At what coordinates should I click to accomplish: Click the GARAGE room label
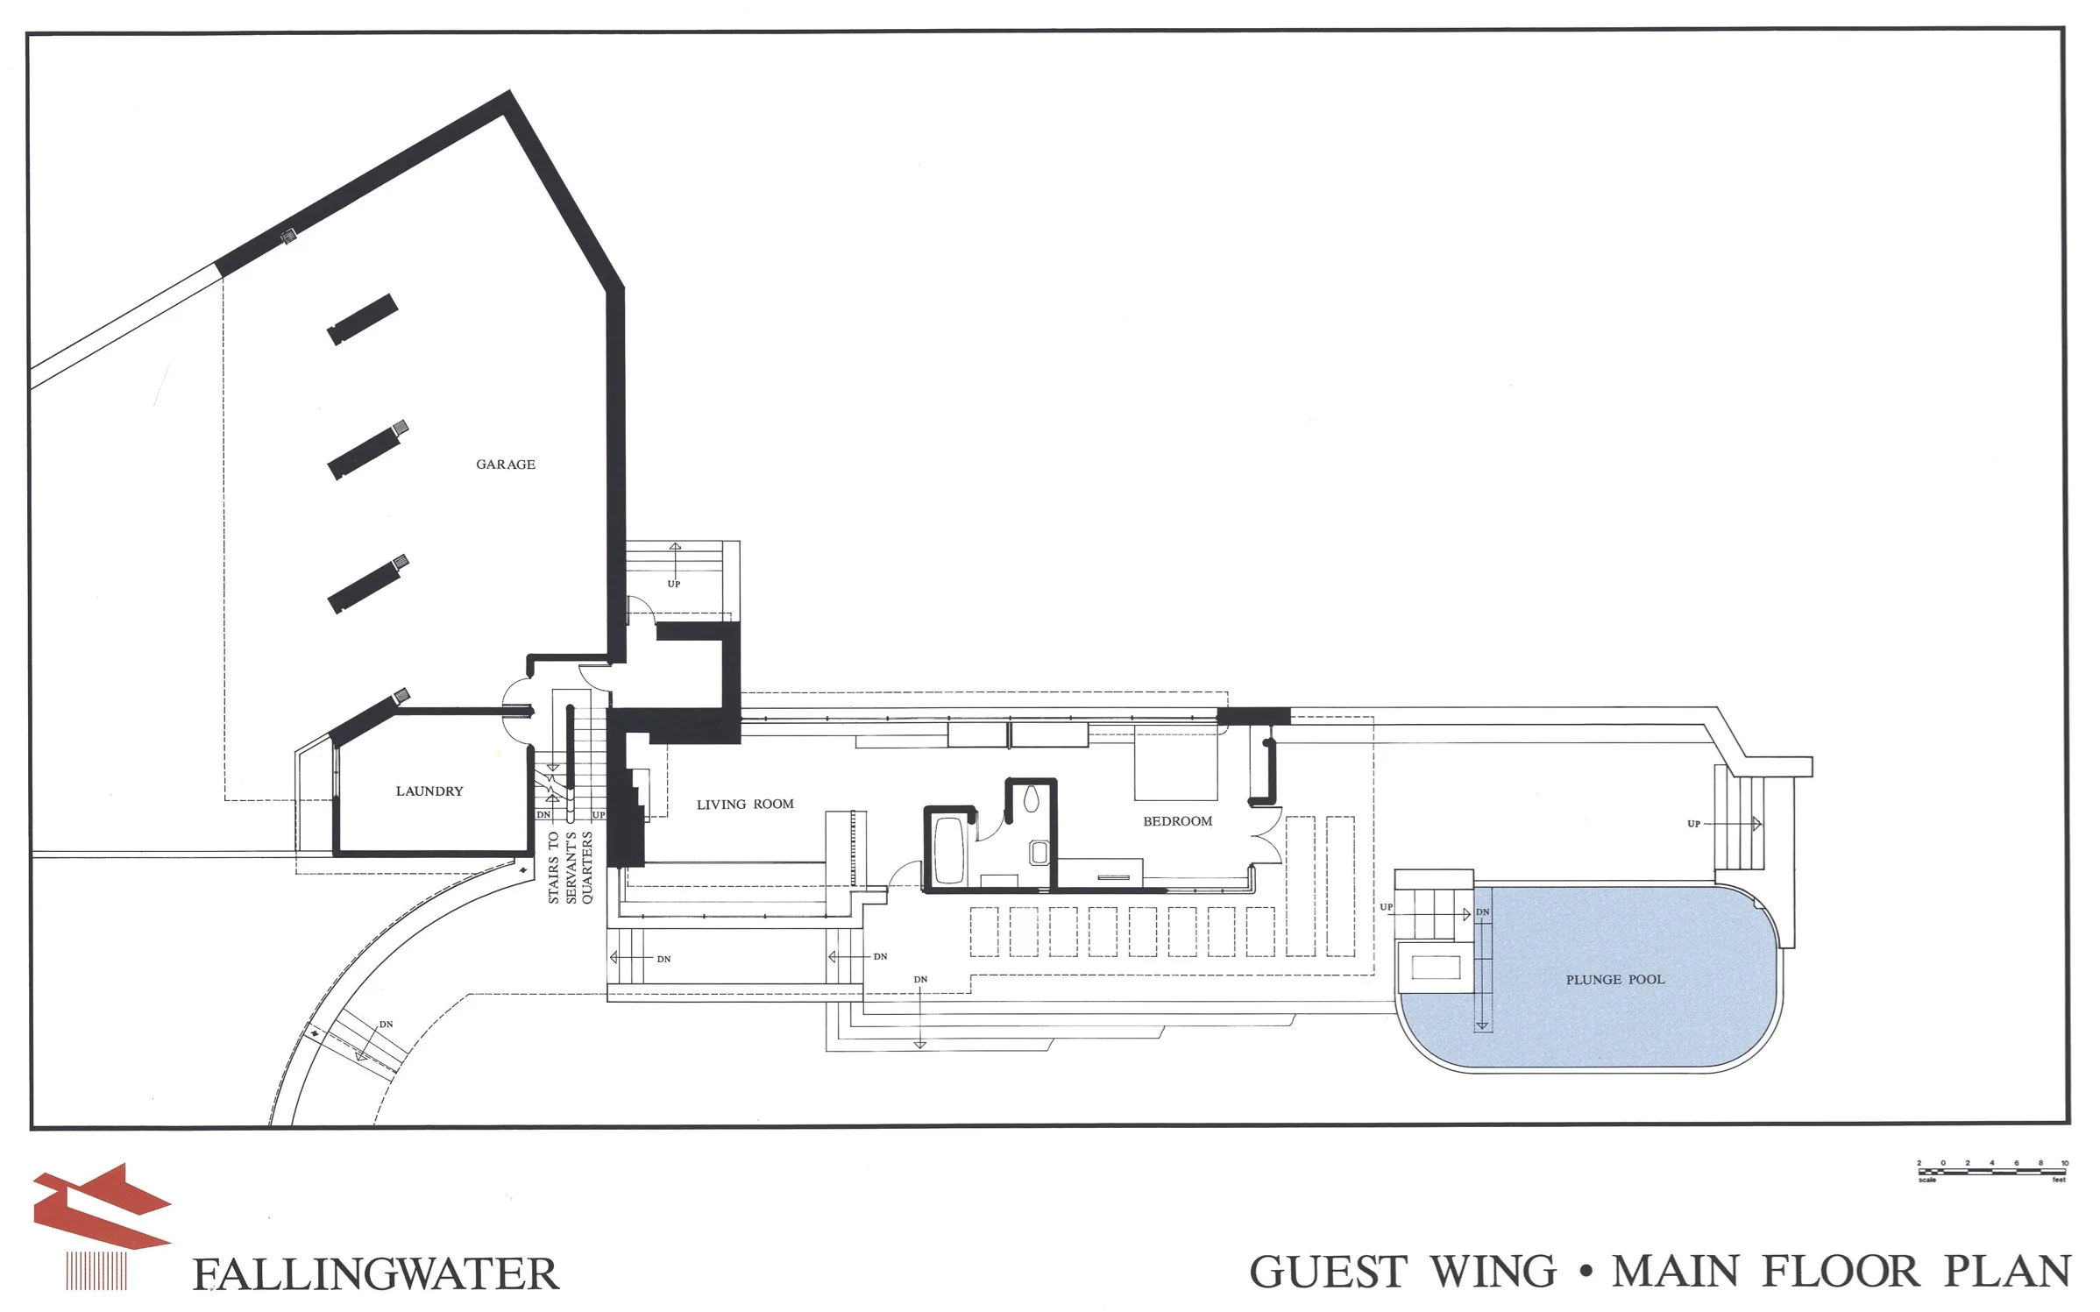click(506, 465)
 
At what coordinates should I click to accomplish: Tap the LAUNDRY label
click(429, 791)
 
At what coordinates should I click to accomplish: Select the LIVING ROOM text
click(745, 804)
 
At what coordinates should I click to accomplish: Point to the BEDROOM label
click(1177, 821)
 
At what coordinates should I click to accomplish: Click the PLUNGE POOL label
click(1615, 980)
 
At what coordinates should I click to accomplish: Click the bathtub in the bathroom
click(948, 849)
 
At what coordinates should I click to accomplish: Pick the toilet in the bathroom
click(1032, 798)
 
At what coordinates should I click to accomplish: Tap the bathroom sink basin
click(1039, 851)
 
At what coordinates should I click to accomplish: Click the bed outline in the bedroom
click(1175, 762)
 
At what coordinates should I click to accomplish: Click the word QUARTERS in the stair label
click(588, 868)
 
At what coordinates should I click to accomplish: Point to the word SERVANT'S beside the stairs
click(571, 868)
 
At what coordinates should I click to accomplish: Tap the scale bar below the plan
click(1991, 1169)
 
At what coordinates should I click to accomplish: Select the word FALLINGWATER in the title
click(375, 1274)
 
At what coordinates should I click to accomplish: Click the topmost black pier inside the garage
click(362, 320)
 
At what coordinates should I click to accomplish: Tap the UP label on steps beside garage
click(673, 585)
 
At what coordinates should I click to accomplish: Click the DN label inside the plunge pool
click(1482, 912)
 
